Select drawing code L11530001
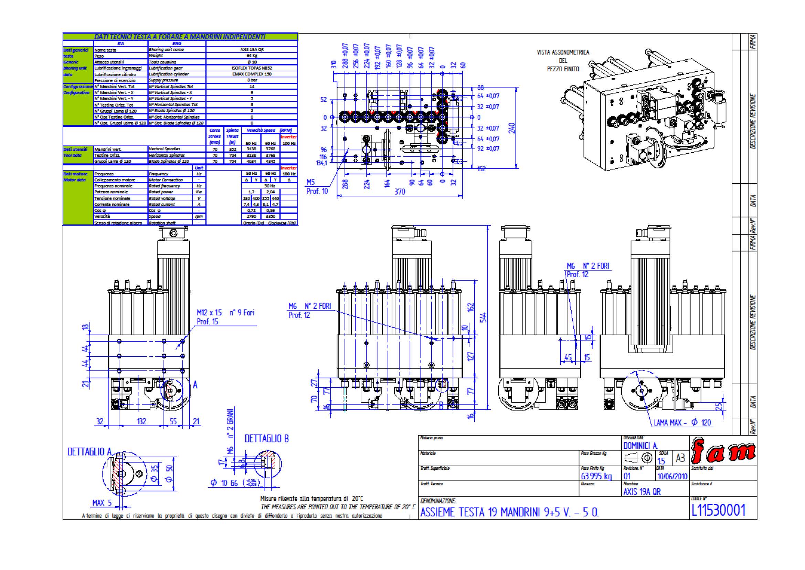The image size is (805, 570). click(x=718, y=510)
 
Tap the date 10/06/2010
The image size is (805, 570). click(x=672, y=476)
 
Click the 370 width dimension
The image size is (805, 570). click(x=400, y=192)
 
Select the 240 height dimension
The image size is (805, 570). click(x=511, y=128)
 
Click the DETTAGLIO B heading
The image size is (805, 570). click(x=266, y=438)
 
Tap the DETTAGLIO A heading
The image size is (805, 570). click(x=90, y=452)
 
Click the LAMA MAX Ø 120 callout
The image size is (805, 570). click(x=682, y=423)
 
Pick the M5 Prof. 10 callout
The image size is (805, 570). click(x=317, y=187)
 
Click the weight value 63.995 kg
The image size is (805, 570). click(x=596, y=476)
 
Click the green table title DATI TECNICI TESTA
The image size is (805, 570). click(x=180, y=37)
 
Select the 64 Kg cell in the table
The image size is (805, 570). click(x=252, y=55)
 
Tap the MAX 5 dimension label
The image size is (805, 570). click(x=102, y=502)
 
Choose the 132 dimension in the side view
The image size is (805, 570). click(x=141, y=421)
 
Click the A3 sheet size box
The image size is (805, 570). click(x=680, y=458)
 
